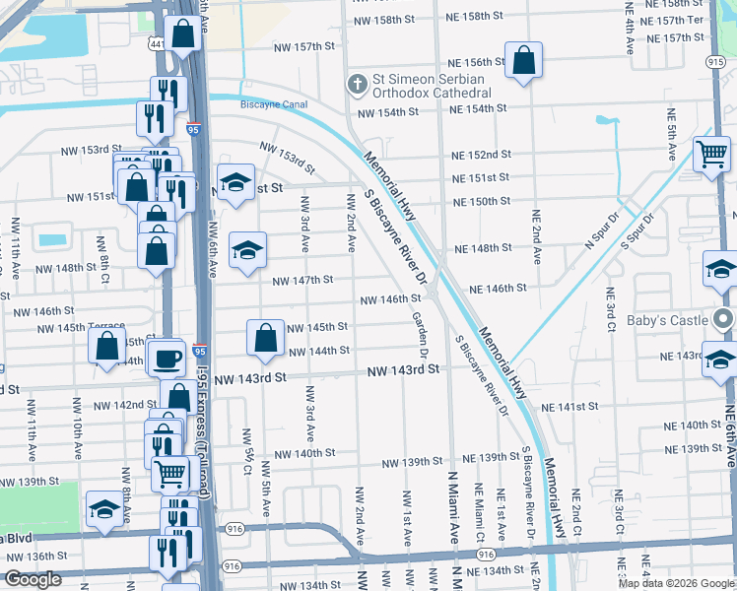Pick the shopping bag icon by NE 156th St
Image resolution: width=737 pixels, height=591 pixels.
click(x=524, y=61)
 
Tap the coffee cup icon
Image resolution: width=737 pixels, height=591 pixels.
click(x=167, y=358)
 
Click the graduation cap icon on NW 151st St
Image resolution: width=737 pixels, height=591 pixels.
click(x=234, y=182)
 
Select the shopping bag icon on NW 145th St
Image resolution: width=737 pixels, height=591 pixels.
click(x=266, y=339)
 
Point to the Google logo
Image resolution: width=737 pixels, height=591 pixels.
click(x=33, y=579)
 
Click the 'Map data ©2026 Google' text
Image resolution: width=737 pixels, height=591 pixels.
click(x=676, y=583)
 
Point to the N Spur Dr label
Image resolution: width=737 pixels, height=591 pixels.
click(x=600, y=231)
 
